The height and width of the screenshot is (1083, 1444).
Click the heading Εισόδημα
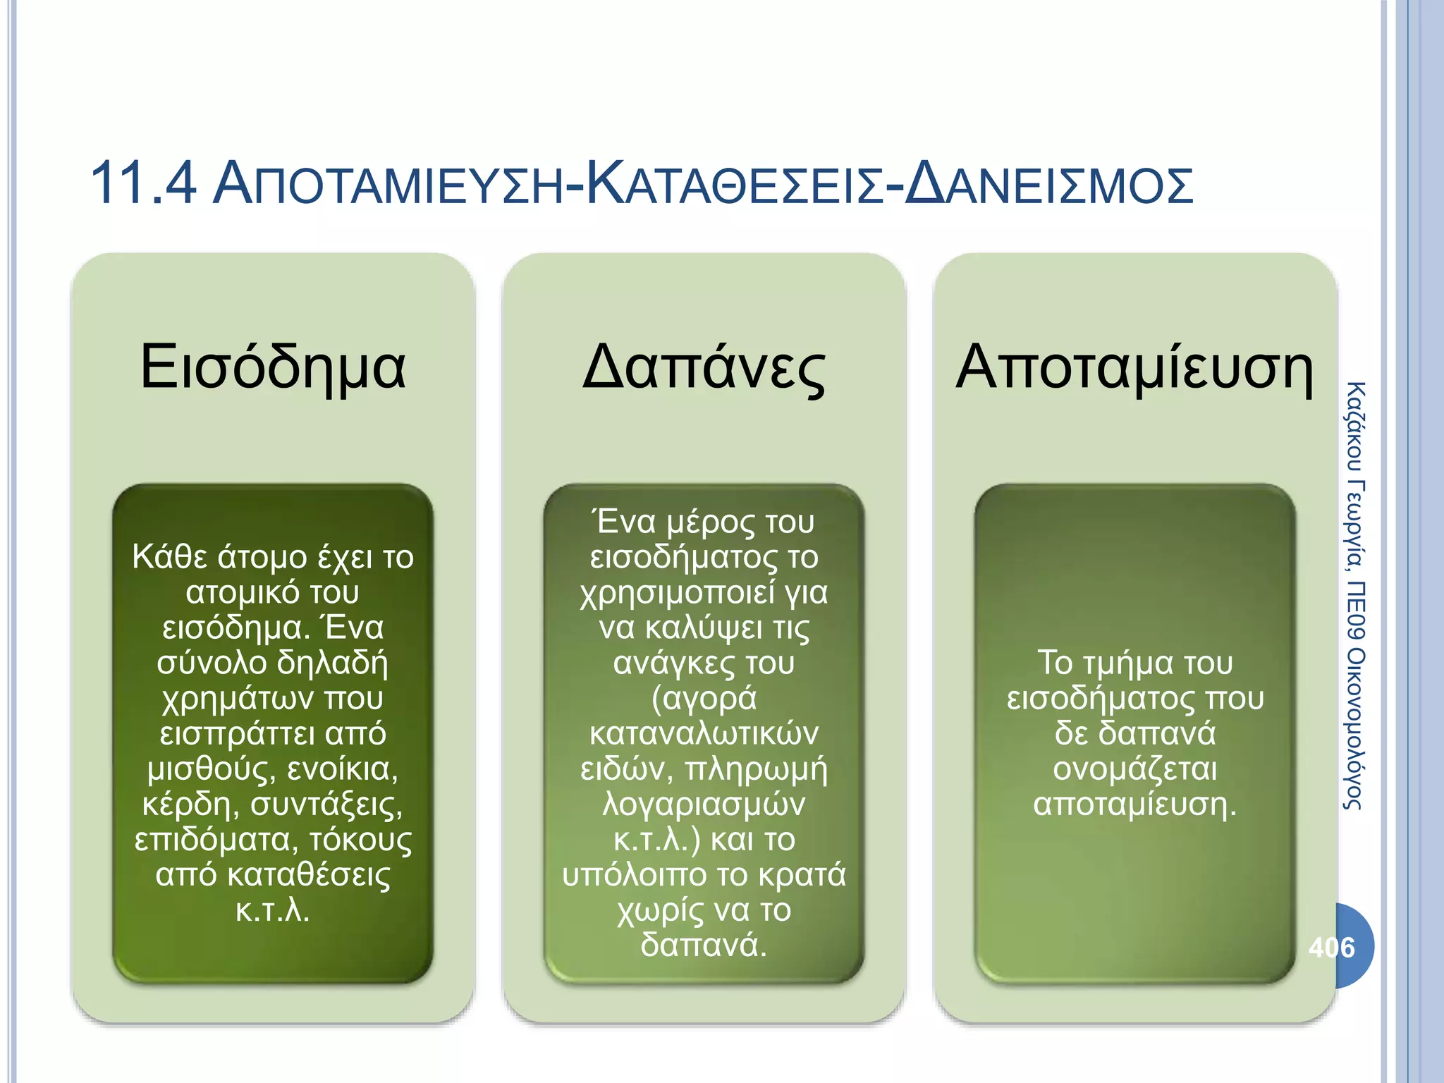[x=273, y=367]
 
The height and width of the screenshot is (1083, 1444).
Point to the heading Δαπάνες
[x=704, y=367]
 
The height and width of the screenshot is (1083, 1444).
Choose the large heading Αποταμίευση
[x=1134, y=367]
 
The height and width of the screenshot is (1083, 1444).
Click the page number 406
[x=1331, y=947]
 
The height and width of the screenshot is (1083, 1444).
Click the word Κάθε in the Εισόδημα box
[x=169, y=557]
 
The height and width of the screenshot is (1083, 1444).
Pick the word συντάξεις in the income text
[x=327, y=804]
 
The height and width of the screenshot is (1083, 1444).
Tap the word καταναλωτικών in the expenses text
[x=704, y=734]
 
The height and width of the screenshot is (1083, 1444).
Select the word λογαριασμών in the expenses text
[x=704, y=804]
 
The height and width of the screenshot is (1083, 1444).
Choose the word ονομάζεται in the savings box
[x=1134, y=769]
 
